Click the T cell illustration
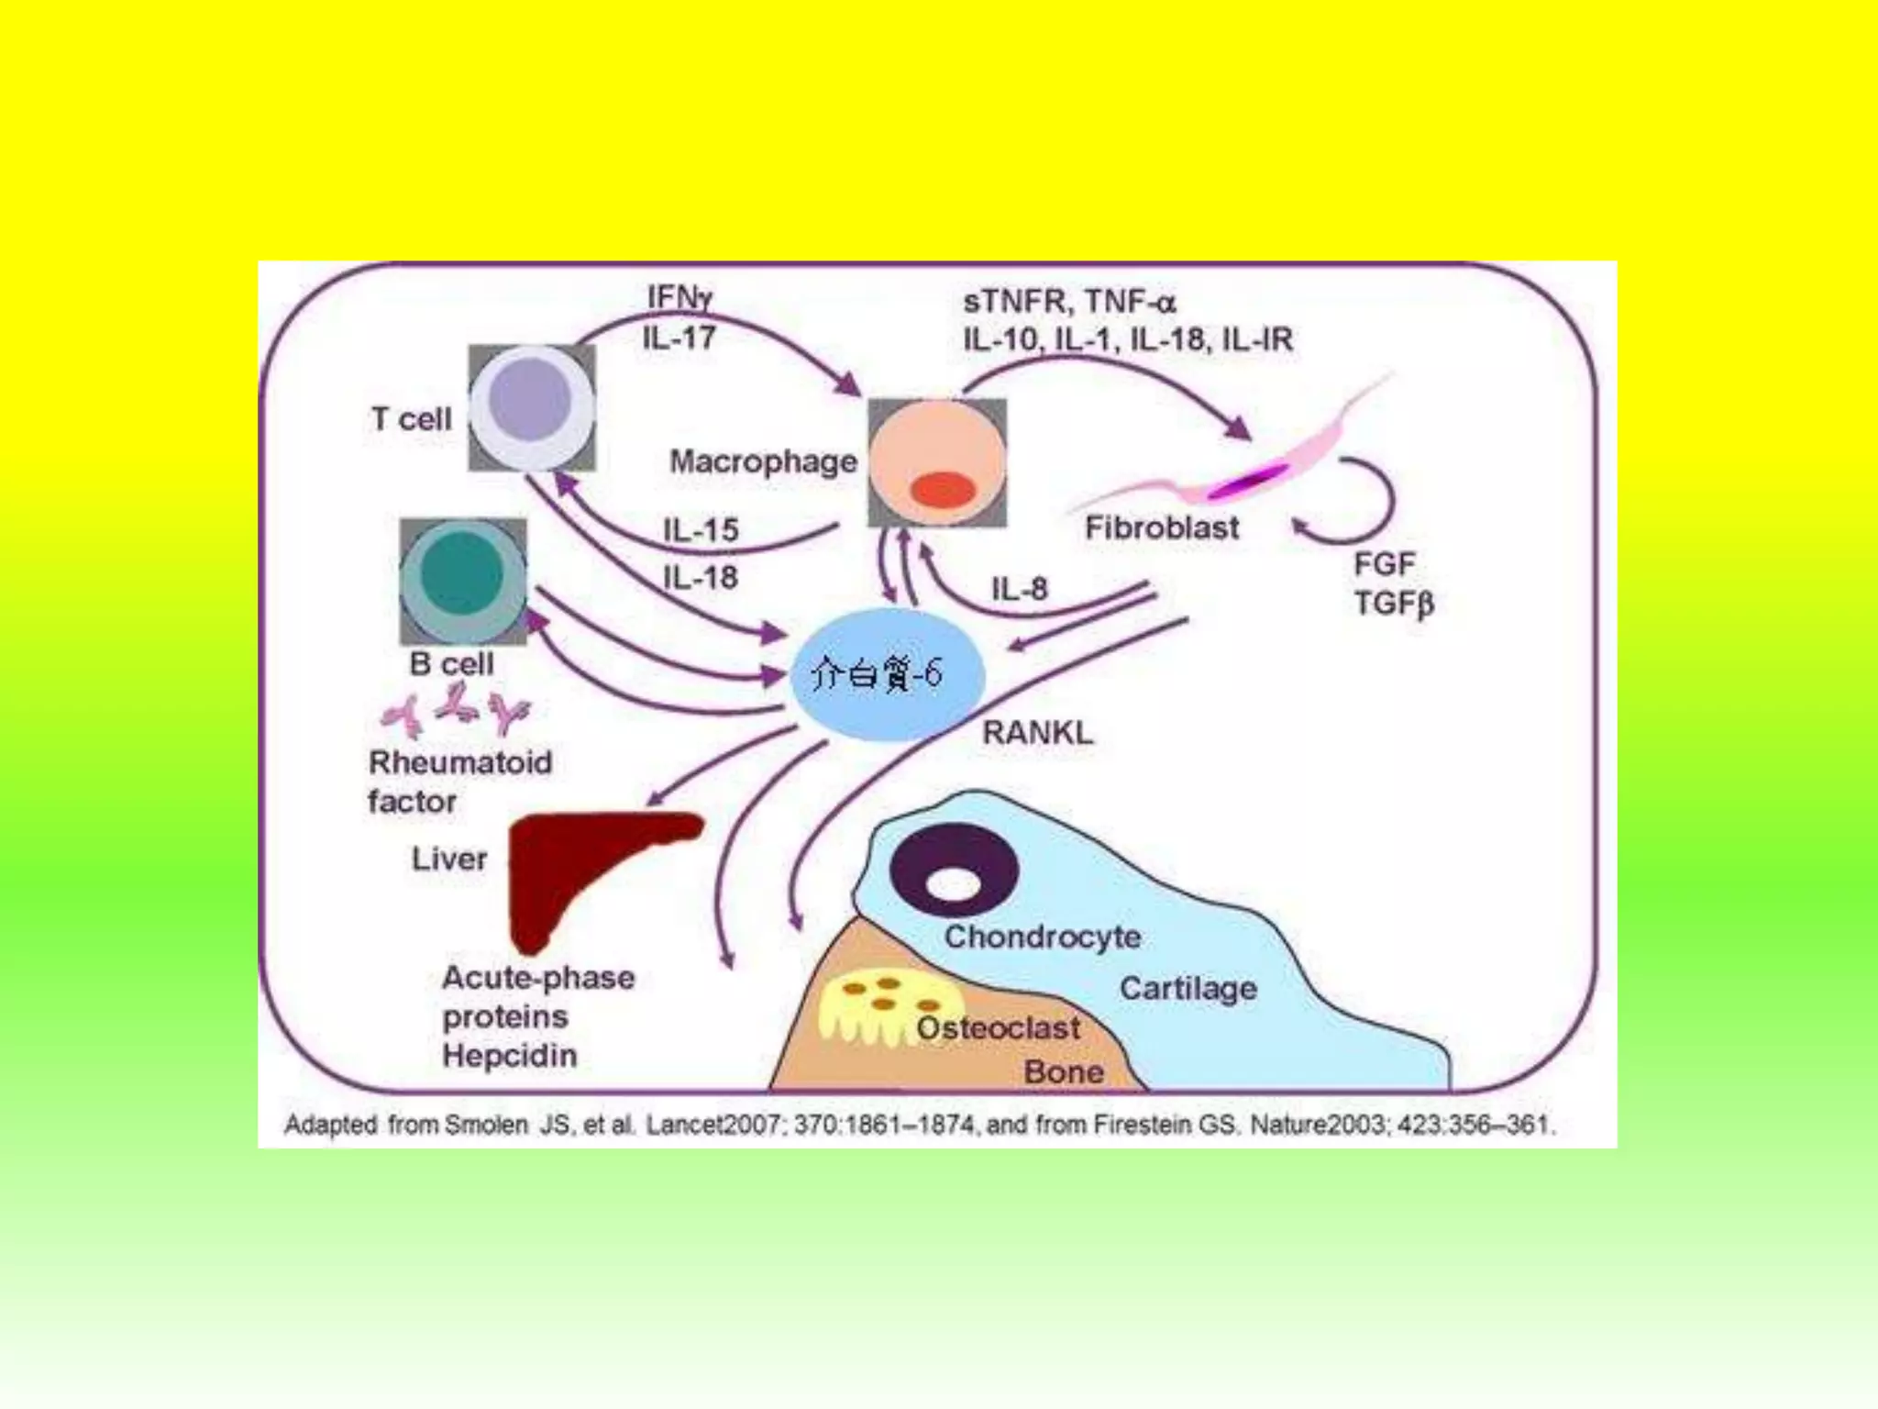(x=531, y=407)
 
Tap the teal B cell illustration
(x=463, y=581)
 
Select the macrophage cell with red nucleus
(x=937, y=462)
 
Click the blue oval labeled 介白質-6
(x=887, y=674)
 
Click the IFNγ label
(x=679, y=297)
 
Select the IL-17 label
(x=679, y=338)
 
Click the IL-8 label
(x=1019, y=588)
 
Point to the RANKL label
(x=1038, y=733)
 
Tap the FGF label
(x=1385, y=563)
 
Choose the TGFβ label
(x=1394, y=604)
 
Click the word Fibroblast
(x=1162, y=527)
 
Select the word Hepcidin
(x=510, y=1055)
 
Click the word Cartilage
(x=1188, y=988)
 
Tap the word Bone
(x=1064, y=1071)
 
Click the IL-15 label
(x=701, y=530)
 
